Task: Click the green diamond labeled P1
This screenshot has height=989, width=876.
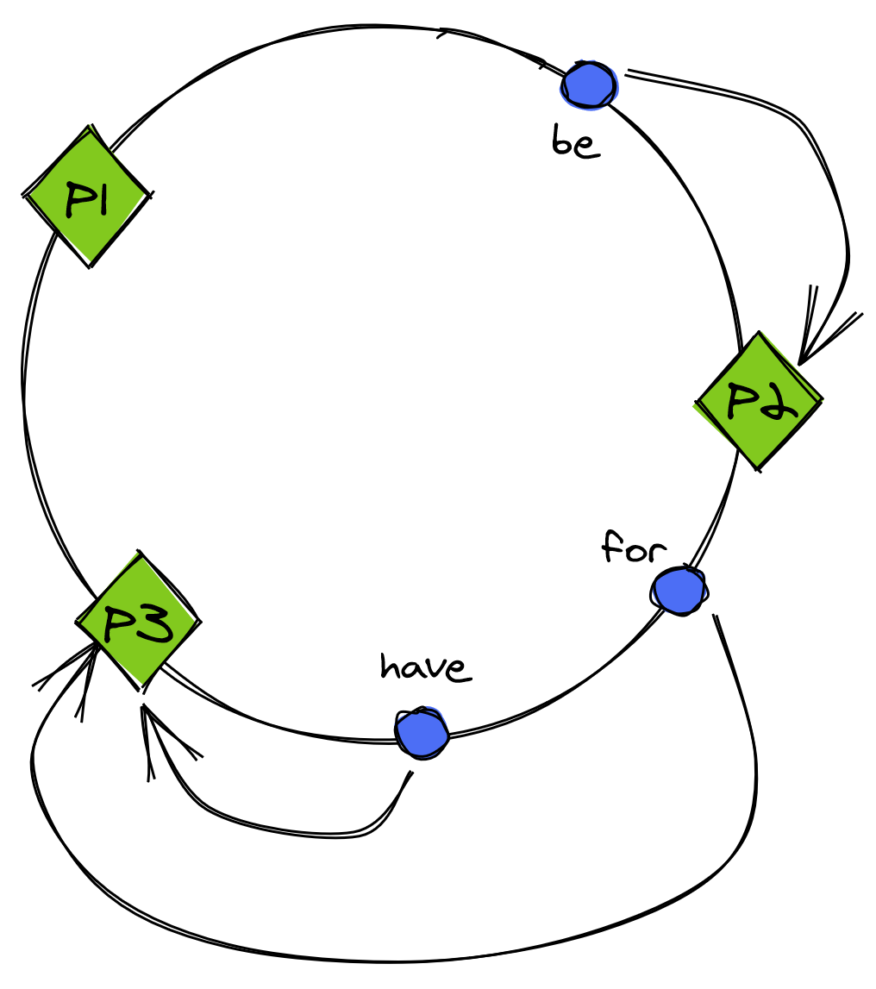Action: (86, 197)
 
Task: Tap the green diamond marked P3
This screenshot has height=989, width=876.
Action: (138, 621)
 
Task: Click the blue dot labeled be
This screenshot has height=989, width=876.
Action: (589, 85)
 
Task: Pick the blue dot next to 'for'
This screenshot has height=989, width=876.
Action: (679, 592)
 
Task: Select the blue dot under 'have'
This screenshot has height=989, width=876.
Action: (422, 732)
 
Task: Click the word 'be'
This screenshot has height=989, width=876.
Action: (575, 142)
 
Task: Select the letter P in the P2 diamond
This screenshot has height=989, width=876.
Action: (741, 400)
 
